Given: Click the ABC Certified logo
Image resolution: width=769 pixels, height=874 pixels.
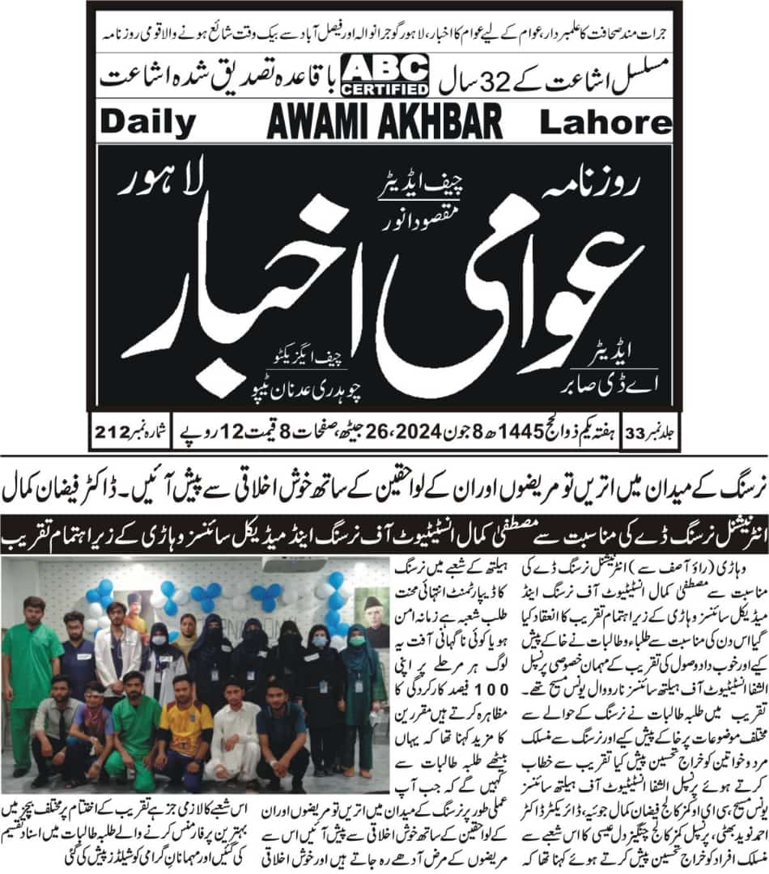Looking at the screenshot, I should [x=385, y=74].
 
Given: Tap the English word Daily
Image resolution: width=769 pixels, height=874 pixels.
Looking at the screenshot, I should [x=149, y=122].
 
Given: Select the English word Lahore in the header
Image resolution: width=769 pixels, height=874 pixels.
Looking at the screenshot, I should [x=605, y=122].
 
